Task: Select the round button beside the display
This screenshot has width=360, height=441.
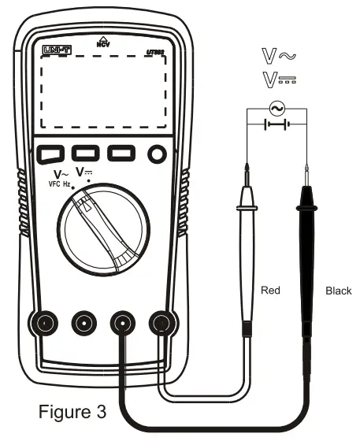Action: coord(158,154)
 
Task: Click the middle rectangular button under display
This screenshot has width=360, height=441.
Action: coord(85,153)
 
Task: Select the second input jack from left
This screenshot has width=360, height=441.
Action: coord(84,322)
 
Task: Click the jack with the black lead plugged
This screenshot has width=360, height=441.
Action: coord(122,322)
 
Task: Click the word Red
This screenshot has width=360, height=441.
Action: coord(270,291)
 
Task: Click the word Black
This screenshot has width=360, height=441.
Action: coord(338,291)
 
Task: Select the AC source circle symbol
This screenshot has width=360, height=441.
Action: coord(276,108)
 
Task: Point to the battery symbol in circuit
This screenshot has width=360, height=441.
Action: coord(276,124)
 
